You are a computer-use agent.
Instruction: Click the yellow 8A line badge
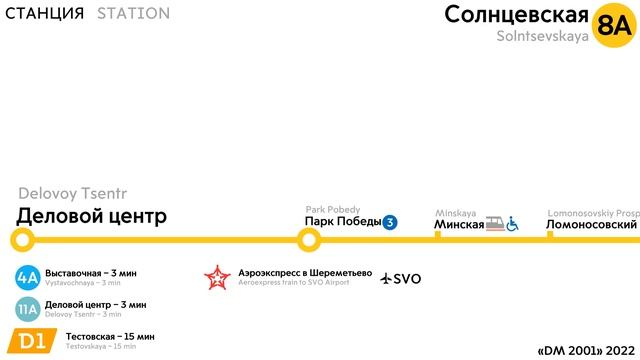coord(612,24)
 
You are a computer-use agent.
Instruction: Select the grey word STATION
coord(133,14)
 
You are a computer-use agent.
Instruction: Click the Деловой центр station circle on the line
coord(22,240)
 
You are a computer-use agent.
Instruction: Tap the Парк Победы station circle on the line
coord(310,240)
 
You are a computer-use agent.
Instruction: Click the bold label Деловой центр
coord(91,216)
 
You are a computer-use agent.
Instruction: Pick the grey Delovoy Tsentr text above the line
coord(73,193)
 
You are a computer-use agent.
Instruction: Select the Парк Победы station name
coord(342,223)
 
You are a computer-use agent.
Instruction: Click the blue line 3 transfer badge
coord(390,223)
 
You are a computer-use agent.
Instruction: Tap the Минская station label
coord(459,224)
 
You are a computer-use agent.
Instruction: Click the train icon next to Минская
coord(494,223)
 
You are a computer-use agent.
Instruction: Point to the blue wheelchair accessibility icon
coord(512,223)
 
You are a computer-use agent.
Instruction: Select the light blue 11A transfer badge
coord(28,308)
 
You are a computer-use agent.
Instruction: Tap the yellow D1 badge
coord(31,341)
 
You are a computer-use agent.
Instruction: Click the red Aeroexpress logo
coord(216,277)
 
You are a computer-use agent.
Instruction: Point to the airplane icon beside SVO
coord(388,277)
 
